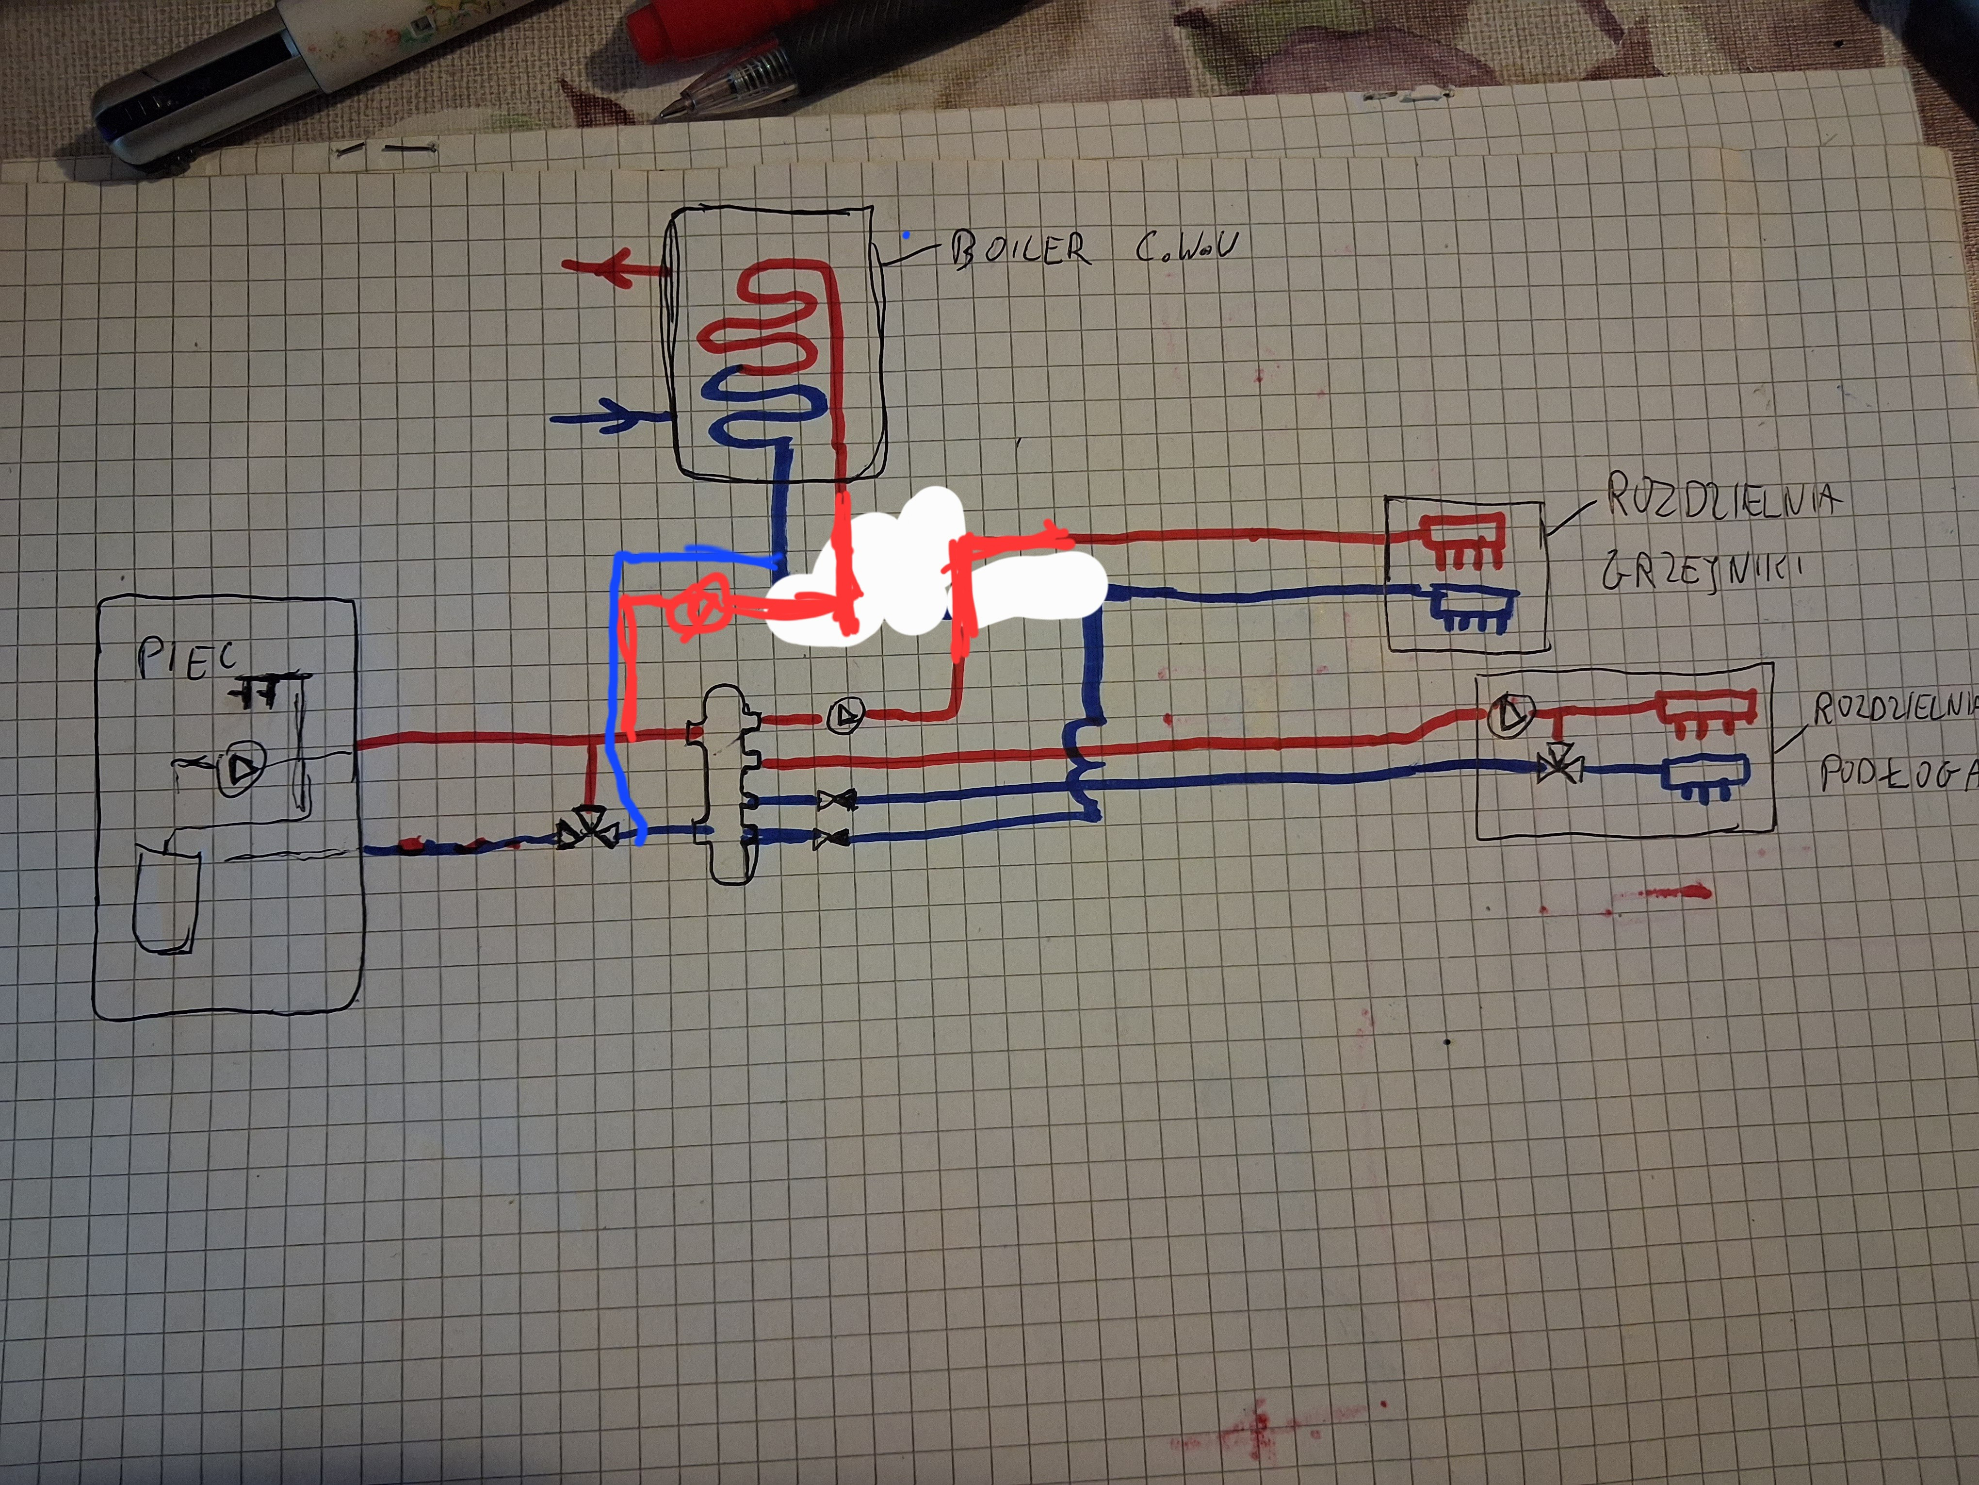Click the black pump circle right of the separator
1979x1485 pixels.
[844, 716]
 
